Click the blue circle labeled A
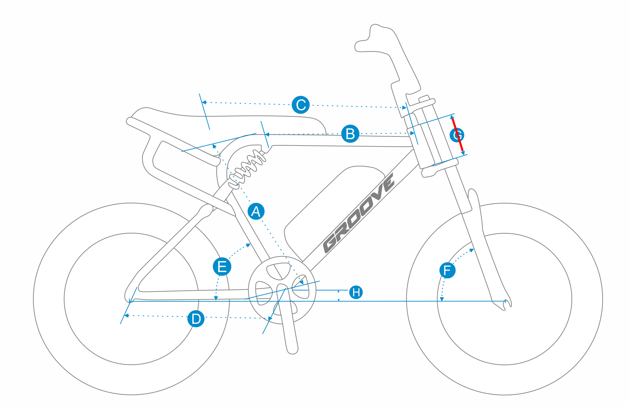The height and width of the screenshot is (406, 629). pyautogui.click(x=256, y=211)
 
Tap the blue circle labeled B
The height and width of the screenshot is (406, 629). pyautogui.click(x=350, y=134)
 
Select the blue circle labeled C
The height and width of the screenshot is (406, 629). pyautogui.click(x=301, y=105)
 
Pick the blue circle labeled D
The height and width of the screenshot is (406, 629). pyautogui.click(x=196, y=318)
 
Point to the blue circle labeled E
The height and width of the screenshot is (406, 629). pyautogui.click(x=222, y=267)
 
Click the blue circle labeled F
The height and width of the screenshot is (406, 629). pyautogui.click(x=447, y=270)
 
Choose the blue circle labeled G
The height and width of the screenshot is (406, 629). pyautogui.click(x=457, y=135)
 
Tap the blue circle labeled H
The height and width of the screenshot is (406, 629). pyautogui.click(x=356, y=292)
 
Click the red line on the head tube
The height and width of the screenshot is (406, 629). pyautogui.click(x=457, y=134)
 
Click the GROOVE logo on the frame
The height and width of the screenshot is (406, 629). pyautogui.click(x=359, y=213)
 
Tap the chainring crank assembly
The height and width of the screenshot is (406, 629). pyautogui.click(x=282, y=290)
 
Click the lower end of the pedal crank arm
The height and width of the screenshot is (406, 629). pyautogui.click(x=293, y=350)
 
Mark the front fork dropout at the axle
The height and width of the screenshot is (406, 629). pyautogui.click(x=504, y=303)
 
